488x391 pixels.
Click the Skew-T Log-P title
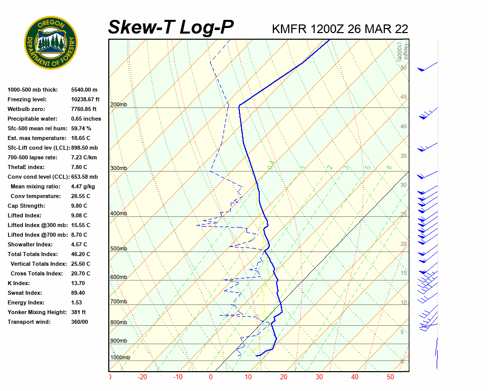171,27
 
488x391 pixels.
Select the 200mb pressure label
118,105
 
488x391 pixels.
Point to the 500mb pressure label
118,249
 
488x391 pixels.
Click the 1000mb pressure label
120,358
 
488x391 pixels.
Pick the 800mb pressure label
118,323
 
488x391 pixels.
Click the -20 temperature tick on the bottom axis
142,377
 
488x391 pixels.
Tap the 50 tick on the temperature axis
390,377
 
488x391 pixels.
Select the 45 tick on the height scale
404,97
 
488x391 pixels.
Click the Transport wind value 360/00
79,322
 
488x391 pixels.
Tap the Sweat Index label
24,293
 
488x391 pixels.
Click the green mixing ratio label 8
389,167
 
